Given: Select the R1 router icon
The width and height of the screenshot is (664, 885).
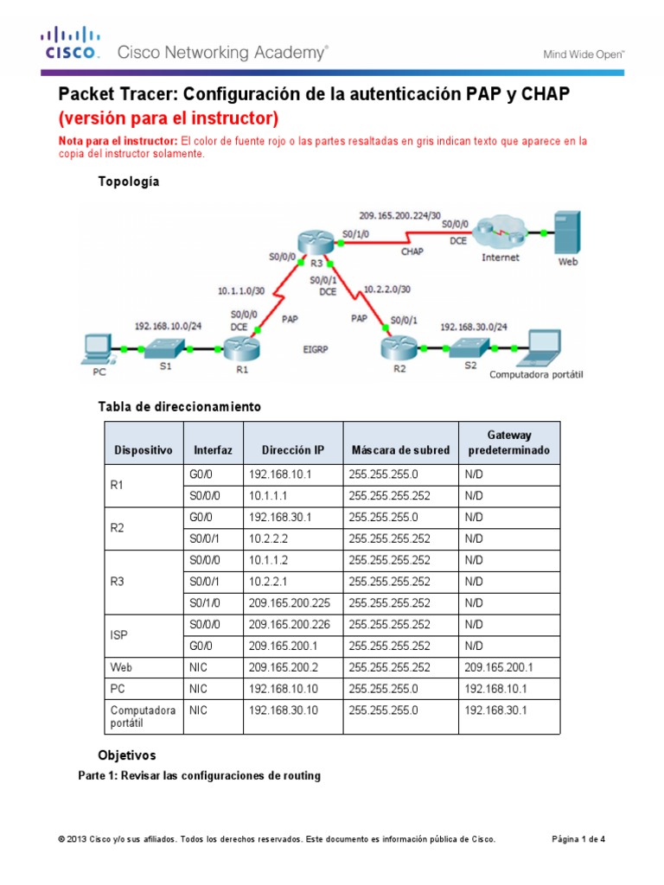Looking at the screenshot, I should pos(236,351).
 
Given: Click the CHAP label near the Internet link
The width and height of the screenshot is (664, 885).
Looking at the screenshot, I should pos(412,251).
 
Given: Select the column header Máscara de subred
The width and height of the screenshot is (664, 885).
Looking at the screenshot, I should pos(400,450).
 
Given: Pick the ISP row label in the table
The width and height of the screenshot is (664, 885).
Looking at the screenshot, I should pos(121,634).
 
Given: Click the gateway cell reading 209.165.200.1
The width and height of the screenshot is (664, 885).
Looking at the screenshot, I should pos(497,668).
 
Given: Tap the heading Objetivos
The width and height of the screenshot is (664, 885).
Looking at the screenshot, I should pos(127,755).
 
